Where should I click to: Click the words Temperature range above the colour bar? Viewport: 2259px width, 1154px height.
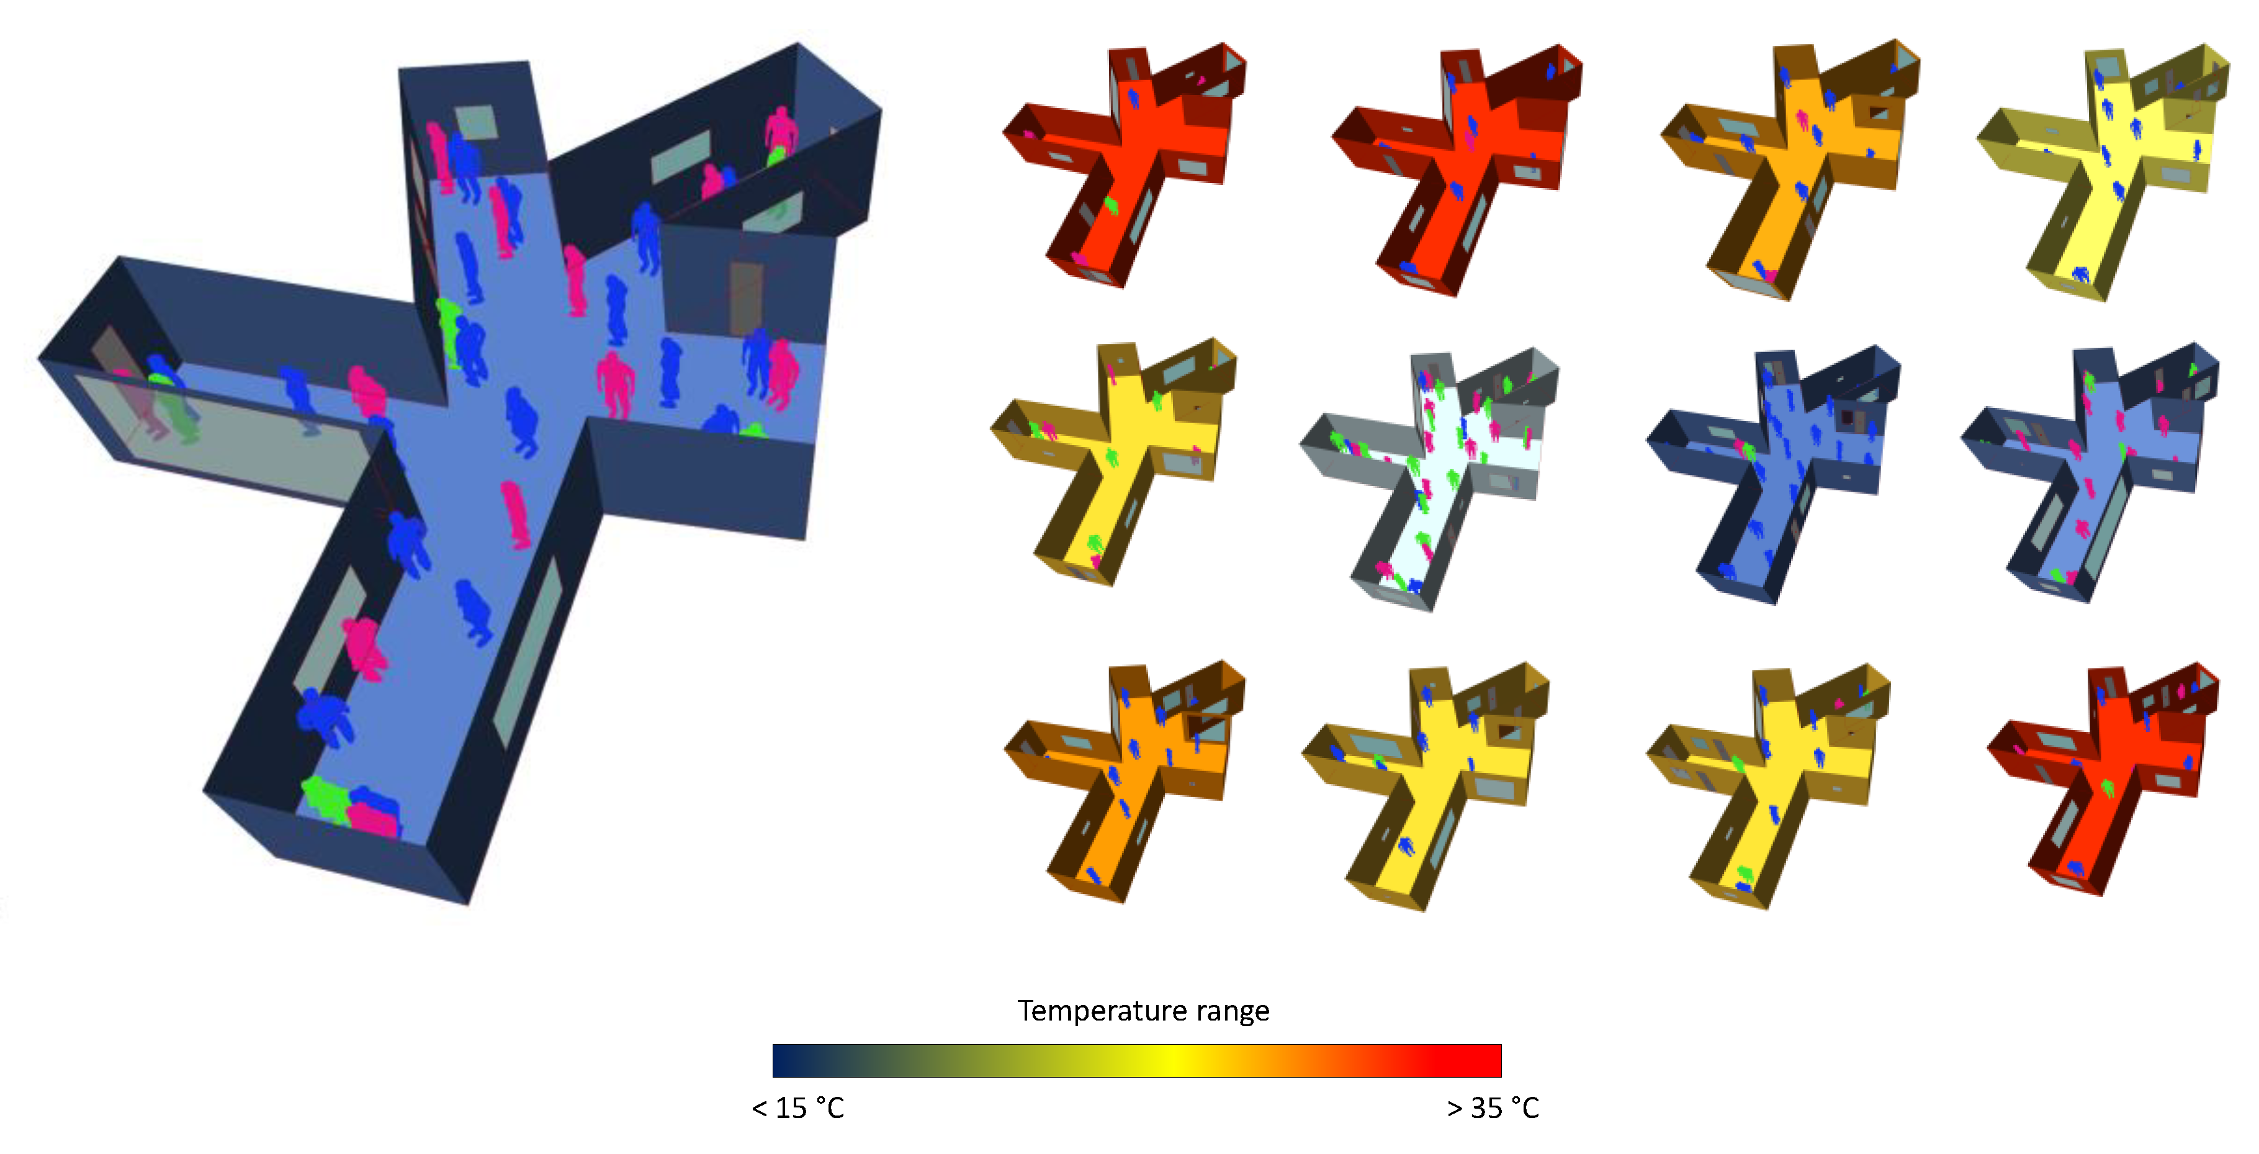1143,1011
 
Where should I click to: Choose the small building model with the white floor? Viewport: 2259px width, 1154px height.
1429,478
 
